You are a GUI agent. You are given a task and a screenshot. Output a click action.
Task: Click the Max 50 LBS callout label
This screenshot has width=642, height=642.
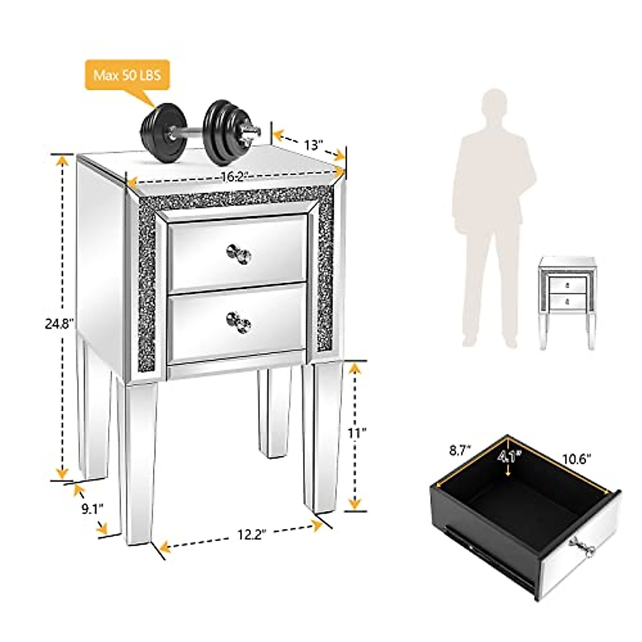[127, 75]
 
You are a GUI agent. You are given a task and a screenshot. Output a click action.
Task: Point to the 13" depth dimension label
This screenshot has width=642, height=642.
[314, 144]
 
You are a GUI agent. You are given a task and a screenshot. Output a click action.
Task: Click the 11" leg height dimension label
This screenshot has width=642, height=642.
[357, 433]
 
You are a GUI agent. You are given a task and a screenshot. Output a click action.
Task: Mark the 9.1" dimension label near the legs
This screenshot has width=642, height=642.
[92, 508]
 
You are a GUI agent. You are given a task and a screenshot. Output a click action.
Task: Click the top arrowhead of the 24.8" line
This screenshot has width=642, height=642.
[63, 159]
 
